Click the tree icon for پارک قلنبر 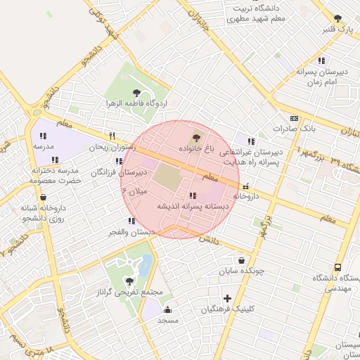click(337, 18)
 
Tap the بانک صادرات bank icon click(294, 118)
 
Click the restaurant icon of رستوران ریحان click(110, 136)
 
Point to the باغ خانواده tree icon click(195, 136)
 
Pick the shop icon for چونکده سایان click(242, 259)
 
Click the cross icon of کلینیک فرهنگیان click(226, 298)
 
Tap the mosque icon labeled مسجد click(167, 309)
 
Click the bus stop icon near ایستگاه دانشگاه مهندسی click(338, 268)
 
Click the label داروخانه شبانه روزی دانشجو click(45, 213)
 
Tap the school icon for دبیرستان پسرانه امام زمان click(321, 61)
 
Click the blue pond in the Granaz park click(145, 266)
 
